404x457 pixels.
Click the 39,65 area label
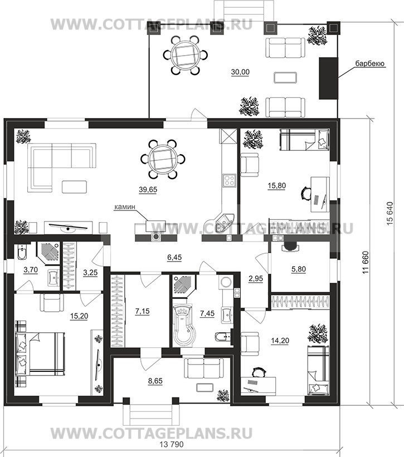click(x=148, y=190)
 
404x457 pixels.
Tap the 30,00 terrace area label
click(x=240, y=72)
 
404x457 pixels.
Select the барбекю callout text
click(x=370, y=63)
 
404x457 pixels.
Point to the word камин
click(x=125, y=207)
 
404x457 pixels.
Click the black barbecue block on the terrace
click(x=328, y=78)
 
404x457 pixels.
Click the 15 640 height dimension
click(x=391, y=213)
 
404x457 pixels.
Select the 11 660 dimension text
click(x=366, y=262)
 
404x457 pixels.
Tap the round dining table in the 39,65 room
click(x=163, y=159)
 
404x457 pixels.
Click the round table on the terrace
click(x=186, y=55)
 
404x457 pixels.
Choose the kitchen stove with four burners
click(x=229, y=180)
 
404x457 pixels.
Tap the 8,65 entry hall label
click(x=155, y=381)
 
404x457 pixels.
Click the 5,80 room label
click(x=299, y=269)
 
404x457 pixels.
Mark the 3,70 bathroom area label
click(x=31, y=270)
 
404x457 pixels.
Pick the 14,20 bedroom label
click(x=280, y=341)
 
